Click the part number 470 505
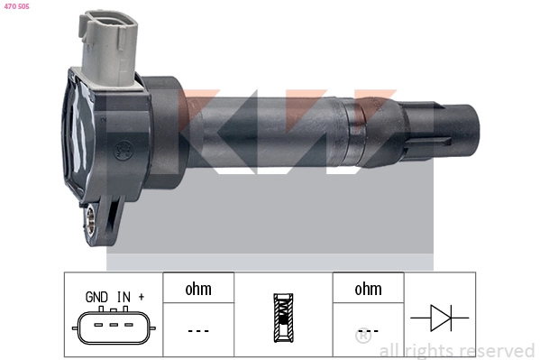point(16,6)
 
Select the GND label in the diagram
point(96,295)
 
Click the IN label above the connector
point(123,295)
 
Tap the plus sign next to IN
point(141,295)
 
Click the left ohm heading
point(198,290)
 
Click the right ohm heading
point(368,290)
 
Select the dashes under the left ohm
point(198,330)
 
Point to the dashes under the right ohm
point(368,330)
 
